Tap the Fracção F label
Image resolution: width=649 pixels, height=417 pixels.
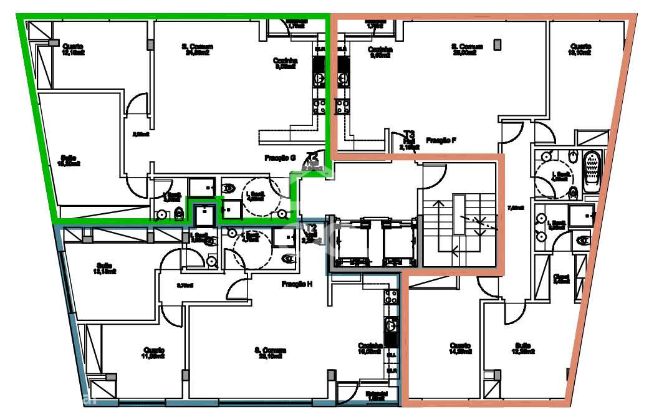(441, 141)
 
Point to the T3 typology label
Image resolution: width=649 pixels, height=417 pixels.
(409, 134)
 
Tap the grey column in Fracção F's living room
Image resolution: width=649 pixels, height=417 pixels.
(497, 44)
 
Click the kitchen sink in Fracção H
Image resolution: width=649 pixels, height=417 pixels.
(392, 325)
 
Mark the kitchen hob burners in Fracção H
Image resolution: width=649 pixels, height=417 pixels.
(392, 295)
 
